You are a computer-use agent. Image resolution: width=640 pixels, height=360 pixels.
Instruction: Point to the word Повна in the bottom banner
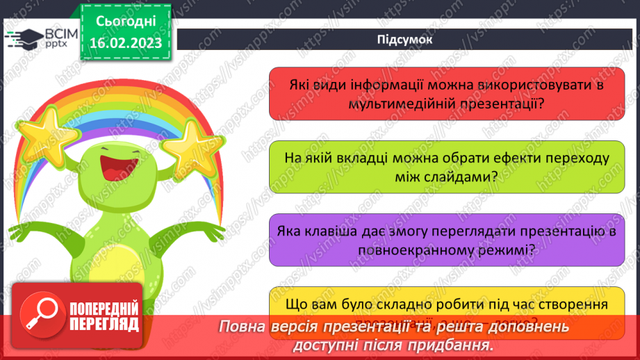[x=240, y=327]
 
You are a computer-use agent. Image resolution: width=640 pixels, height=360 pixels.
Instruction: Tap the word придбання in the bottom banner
[x=453, y=344]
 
